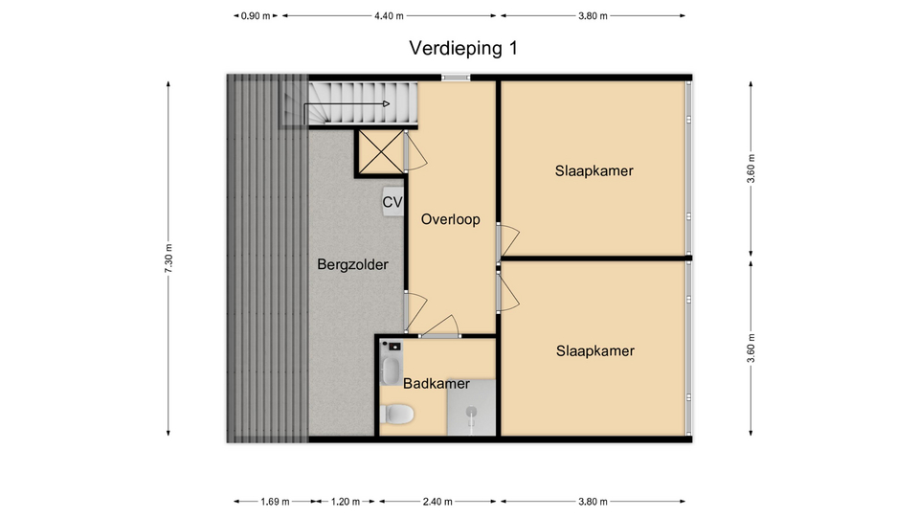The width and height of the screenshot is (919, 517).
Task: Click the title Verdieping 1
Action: click(x=463, y=48)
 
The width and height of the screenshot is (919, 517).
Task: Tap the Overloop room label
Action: click(x=451, y=219)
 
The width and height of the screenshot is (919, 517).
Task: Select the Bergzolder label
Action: click(x=353, y=265)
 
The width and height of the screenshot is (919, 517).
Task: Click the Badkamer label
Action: click(x=437, y=383)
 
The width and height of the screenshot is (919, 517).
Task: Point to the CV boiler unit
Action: click(x=392, y=202)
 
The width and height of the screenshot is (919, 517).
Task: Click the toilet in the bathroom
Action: click(x=396, y=414)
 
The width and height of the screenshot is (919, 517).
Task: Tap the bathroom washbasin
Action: click(x=391, y=371)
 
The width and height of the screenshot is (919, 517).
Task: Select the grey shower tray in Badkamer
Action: click(x=471, y=408)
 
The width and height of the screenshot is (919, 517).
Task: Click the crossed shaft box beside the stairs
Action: click(x=381, y=152)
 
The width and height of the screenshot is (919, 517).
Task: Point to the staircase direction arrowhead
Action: click(x=386, y=103)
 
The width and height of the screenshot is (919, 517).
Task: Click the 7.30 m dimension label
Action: click(x=168, y=258)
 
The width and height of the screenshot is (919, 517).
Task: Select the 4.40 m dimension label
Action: click(x=390, y=16)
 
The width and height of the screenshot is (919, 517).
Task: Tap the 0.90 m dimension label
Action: click(x=256, y=16)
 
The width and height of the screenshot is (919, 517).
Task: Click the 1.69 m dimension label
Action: click(x=275, y=501)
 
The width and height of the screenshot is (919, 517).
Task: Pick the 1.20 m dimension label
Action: click(x=346, y=501)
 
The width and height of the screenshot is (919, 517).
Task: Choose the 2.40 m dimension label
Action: click(x=437, y=501)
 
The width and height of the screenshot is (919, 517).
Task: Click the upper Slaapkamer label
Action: click(x=594, y=170)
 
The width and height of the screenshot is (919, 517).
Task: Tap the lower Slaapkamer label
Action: click(x=594, y=350)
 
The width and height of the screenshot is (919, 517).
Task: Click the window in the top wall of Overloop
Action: click(x=456, y=77)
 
